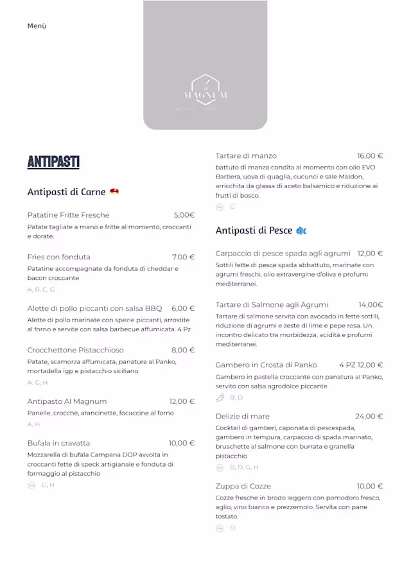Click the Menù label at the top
(37, 26)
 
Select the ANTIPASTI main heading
(53, 162)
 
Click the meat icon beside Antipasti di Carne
(114, 192)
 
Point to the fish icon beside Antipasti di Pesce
(301, 230)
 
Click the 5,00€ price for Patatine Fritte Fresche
(184, 215)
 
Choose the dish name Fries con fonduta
(59, 257)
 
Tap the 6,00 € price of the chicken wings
(182, 308)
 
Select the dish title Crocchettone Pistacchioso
(76, 350)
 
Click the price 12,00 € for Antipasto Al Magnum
(182, 401)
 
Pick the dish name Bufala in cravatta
(59, 443)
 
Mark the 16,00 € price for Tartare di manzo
(370, 155)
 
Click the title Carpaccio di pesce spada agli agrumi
(283, 254)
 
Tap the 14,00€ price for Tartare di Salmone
(371, 305)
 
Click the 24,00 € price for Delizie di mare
(369, 416)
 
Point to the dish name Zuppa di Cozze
(243, 486)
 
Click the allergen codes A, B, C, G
(41, 290)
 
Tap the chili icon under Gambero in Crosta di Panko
(220, 398)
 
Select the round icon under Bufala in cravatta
(31, 485)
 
